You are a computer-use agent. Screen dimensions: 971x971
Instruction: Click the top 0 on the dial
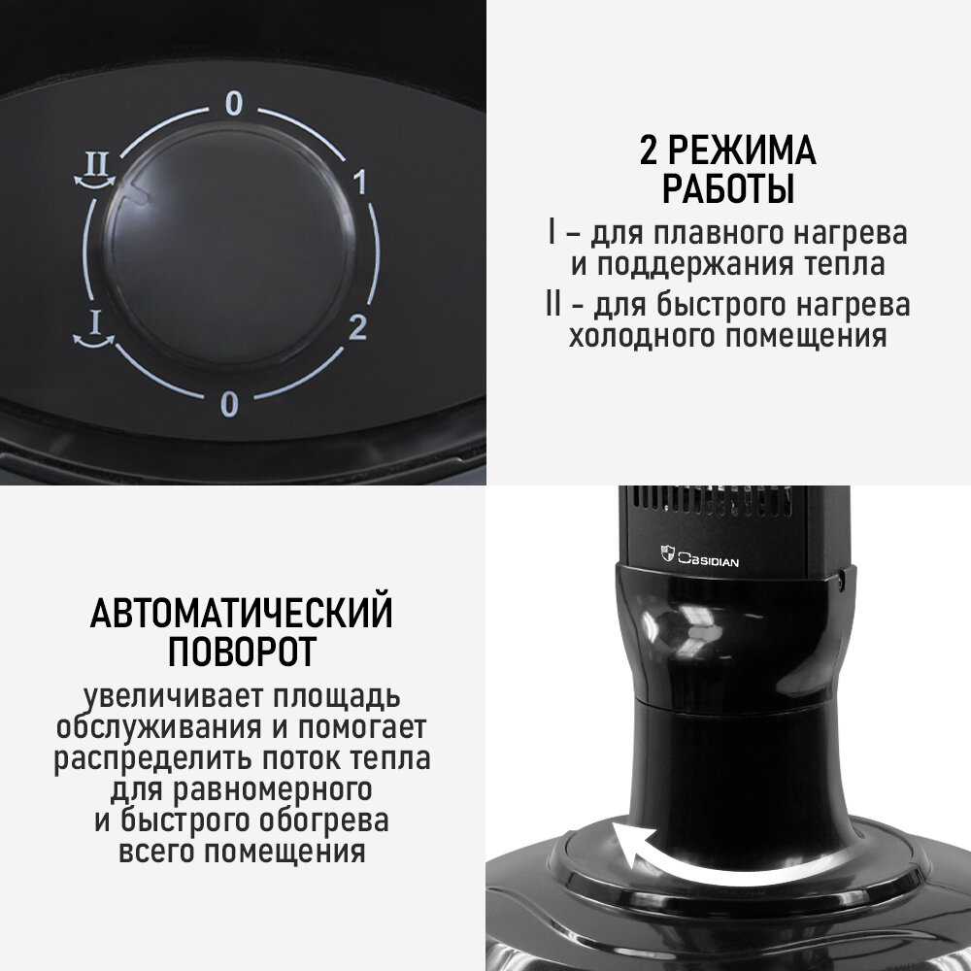tap(233, 104)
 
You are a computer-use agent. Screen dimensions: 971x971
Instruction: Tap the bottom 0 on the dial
tap(229, 405)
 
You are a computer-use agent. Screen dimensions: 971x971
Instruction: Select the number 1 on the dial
tap(360, 182)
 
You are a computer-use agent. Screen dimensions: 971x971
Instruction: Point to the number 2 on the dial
tap(358, 327)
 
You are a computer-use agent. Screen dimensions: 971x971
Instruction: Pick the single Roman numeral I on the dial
tap(95, 322)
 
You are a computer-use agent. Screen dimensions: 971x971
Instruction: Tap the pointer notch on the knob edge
tap(138, 193)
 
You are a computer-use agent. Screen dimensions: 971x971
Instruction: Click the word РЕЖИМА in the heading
tap(742, 150)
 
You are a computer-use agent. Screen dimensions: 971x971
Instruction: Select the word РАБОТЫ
tap(728, 189)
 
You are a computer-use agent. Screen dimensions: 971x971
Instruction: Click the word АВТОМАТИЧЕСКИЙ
tap(242, 613)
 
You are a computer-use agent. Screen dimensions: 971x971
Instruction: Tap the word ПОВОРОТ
tap(242, 652)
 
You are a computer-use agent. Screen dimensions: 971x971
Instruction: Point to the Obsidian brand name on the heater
tap(708, 560)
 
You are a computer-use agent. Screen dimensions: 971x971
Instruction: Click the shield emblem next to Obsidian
tap(667, 553)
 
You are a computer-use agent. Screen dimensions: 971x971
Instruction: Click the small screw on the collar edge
tap(842, 582)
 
